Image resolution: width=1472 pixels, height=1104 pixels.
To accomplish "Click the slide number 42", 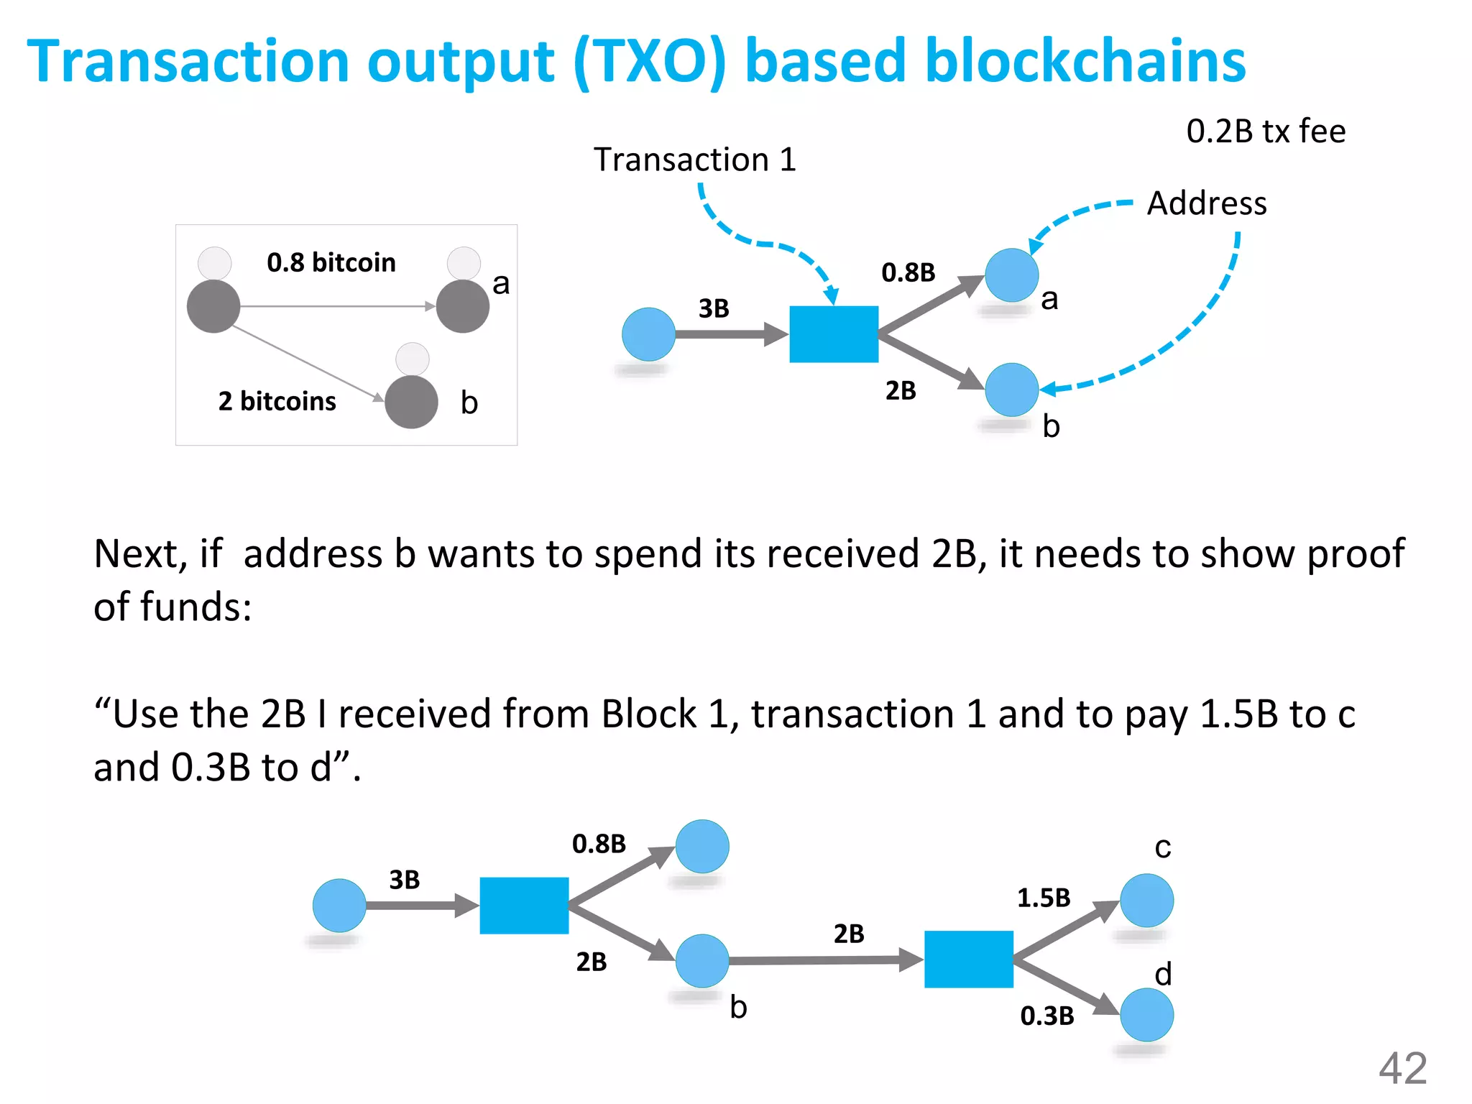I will (x=1402, y=1068).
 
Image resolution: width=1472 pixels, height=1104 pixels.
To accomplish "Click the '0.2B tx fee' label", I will (x=1266, y=132).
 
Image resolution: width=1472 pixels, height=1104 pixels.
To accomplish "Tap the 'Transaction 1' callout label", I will (x=695, y=160).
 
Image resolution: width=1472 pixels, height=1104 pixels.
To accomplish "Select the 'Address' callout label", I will (x=1207, y=203).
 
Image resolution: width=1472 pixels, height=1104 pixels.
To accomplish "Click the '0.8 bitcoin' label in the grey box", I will (x=331, y=263).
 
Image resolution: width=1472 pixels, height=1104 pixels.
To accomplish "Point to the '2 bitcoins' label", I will (x=277, y=401).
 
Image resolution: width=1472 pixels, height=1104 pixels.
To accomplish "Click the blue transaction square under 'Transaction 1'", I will (x=834, y=334).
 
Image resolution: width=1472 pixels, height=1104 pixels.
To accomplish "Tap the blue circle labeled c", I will (x=1147, y=901).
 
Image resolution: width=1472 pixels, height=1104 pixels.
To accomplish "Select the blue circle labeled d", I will (x=1147, y=1015).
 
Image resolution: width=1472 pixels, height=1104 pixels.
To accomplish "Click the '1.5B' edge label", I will (x=1044, y=898).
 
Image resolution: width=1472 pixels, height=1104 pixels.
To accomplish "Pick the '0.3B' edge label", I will (x=1047, y=1016).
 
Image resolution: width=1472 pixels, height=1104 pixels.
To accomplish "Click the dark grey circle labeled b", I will (x=411, y=402).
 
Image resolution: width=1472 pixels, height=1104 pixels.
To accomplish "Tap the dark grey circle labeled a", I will (x=463, y=306).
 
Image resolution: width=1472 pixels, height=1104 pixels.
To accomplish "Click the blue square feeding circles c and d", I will (x=969, y=960).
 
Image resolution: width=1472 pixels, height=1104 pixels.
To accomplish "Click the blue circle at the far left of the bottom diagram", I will (x=339, y=906).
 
